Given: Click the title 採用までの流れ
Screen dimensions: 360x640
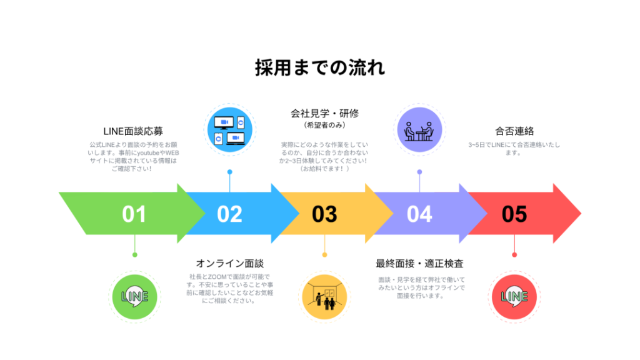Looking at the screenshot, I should [x=319, y=67].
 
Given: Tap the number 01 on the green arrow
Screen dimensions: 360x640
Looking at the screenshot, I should [x=134, y=214].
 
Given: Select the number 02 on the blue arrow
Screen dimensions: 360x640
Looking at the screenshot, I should [x=229, y=214].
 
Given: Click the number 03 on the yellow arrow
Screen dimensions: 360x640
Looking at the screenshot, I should [x=324, y=214].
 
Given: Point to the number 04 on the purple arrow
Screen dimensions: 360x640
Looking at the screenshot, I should [x=419, y=214].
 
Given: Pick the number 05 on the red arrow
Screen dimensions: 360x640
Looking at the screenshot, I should [x=514, y=214].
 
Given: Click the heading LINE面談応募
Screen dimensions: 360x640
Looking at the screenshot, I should [x=133, y=131].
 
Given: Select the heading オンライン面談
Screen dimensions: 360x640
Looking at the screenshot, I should [x=229, y=263].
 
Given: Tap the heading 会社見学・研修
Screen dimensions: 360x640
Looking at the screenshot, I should [x=324, y=114].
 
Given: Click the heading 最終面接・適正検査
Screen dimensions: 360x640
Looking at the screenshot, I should [x=419, y=263].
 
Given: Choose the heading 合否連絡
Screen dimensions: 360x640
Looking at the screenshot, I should [x=514, y=131].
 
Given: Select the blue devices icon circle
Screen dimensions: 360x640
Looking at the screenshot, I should [x=229, y=130].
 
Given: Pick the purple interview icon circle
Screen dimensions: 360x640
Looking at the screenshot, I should [x=419, y=130].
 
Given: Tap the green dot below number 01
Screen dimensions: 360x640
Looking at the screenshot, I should [x=134, y=254].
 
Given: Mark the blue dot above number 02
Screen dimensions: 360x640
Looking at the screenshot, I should [x=229, y=171].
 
